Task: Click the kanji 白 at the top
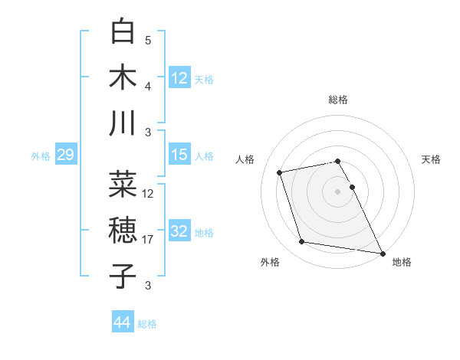pyautogui.click(x=123, y=32)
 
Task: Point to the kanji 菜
pyautogui.click(x=123, y=185)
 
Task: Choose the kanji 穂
pyautogui.click(x=123, y=230)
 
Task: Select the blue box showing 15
pyautogui.click(x=179, y=155)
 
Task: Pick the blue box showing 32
pyautogui.click(x=179, y=231)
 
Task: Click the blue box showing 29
pyautogui.click(x=65, y=155)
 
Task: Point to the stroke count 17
pyautogui.click(x=149, y=240)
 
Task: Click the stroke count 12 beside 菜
pyautogui.click(x=149, y=194)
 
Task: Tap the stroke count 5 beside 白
pyautogui.click(x=148, y=41)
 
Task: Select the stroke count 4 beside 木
pyautogui.click(x=148, y=86)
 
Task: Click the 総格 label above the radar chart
pyautogui.click(x=338, y=100)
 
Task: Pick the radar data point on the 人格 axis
pyautogui.click(x=280, y=172)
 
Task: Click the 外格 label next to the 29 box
pyautogui.click(x=41, y=156)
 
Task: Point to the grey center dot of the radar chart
pyautogui.click(x=337, y=191)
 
